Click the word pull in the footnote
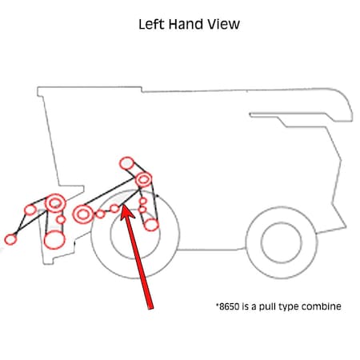268,306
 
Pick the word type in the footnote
290,307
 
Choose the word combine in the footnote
322,306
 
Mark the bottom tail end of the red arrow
151,309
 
